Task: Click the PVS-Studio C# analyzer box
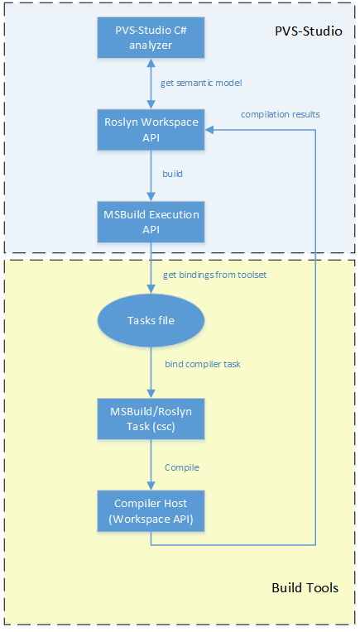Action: point(151,38)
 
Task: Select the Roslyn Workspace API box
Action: point(151,128)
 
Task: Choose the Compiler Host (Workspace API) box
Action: point(151,510)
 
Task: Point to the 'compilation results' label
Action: point(281,113)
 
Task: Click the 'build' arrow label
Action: point(171,175)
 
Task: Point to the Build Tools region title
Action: point(305,588)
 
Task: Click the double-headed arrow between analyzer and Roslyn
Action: point(151,84)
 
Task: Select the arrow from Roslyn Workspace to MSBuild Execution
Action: point(151,175)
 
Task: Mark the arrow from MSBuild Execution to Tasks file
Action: point(151,270)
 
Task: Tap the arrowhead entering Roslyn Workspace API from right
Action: point(212,128)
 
